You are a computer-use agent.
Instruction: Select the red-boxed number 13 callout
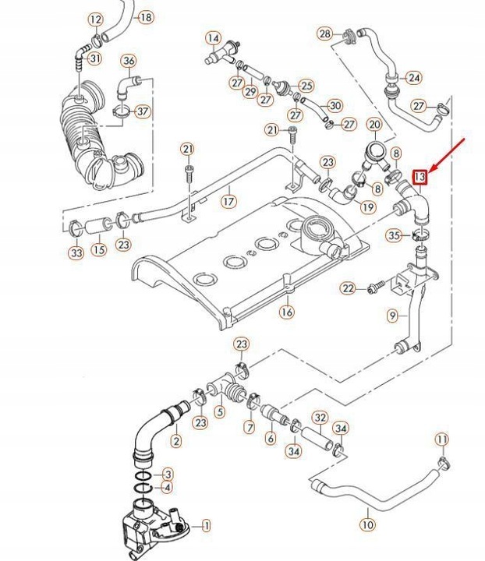(x=420, y=178)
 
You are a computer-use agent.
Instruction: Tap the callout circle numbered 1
(x=207, y=527)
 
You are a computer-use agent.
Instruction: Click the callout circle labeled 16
(x=287, y=312)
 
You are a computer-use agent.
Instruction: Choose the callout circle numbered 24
(x=413, y=77)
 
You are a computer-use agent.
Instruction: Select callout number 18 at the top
(x=146, y=17)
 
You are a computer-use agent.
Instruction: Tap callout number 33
(x=76, y=253)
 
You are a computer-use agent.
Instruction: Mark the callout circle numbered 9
(x=393, y=316)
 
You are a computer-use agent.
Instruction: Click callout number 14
(x=213, y=37)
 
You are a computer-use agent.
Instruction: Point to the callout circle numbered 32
(x=320, y=418)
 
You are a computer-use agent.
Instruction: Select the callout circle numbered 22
(x=349, y=289)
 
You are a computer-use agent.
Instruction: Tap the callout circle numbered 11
(x=441, y=440)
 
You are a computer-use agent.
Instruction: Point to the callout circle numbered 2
(x=175, y=441)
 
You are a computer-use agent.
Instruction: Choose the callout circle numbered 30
(x=335, y=105)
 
